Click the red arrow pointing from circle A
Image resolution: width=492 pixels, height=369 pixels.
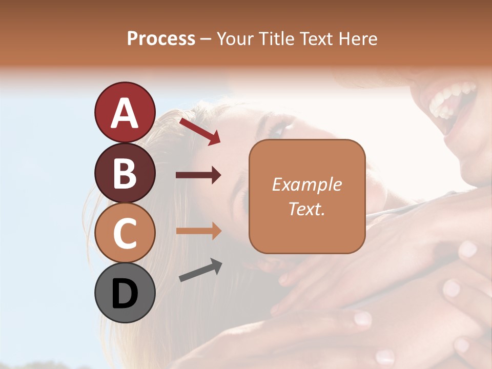point(199,131)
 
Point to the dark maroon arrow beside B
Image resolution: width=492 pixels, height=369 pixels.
point(198,175)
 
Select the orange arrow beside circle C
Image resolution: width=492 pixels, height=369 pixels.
point(198,231)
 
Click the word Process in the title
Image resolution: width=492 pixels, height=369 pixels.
point(161,39)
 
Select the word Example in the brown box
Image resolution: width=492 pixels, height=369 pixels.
point(306,184)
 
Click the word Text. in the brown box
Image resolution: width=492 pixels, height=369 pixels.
point(306,209)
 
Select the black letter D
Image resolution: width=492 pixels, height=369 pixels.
point(125,294)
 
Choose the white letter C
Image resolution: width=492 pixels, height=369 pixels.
point(125,234)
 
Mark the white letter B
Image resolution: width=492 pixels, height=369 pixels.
point(125,174)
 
